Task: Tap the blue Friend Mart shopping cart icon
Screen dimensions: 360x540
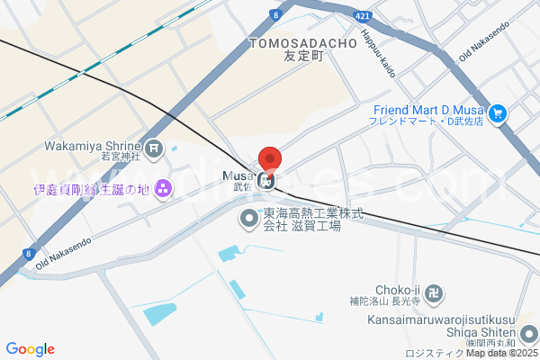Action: pos(497,114)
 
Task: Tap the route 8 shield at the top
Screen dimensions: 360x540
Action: pos(275,13)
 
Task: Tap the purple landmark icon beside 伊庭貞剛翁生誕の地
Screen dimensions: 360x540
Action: pos(163,189)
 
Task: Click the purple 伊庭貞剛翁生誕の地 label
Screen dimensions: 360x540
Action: pos(90,190)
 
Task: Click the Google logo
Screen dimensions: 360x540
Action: pos(31,348)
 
